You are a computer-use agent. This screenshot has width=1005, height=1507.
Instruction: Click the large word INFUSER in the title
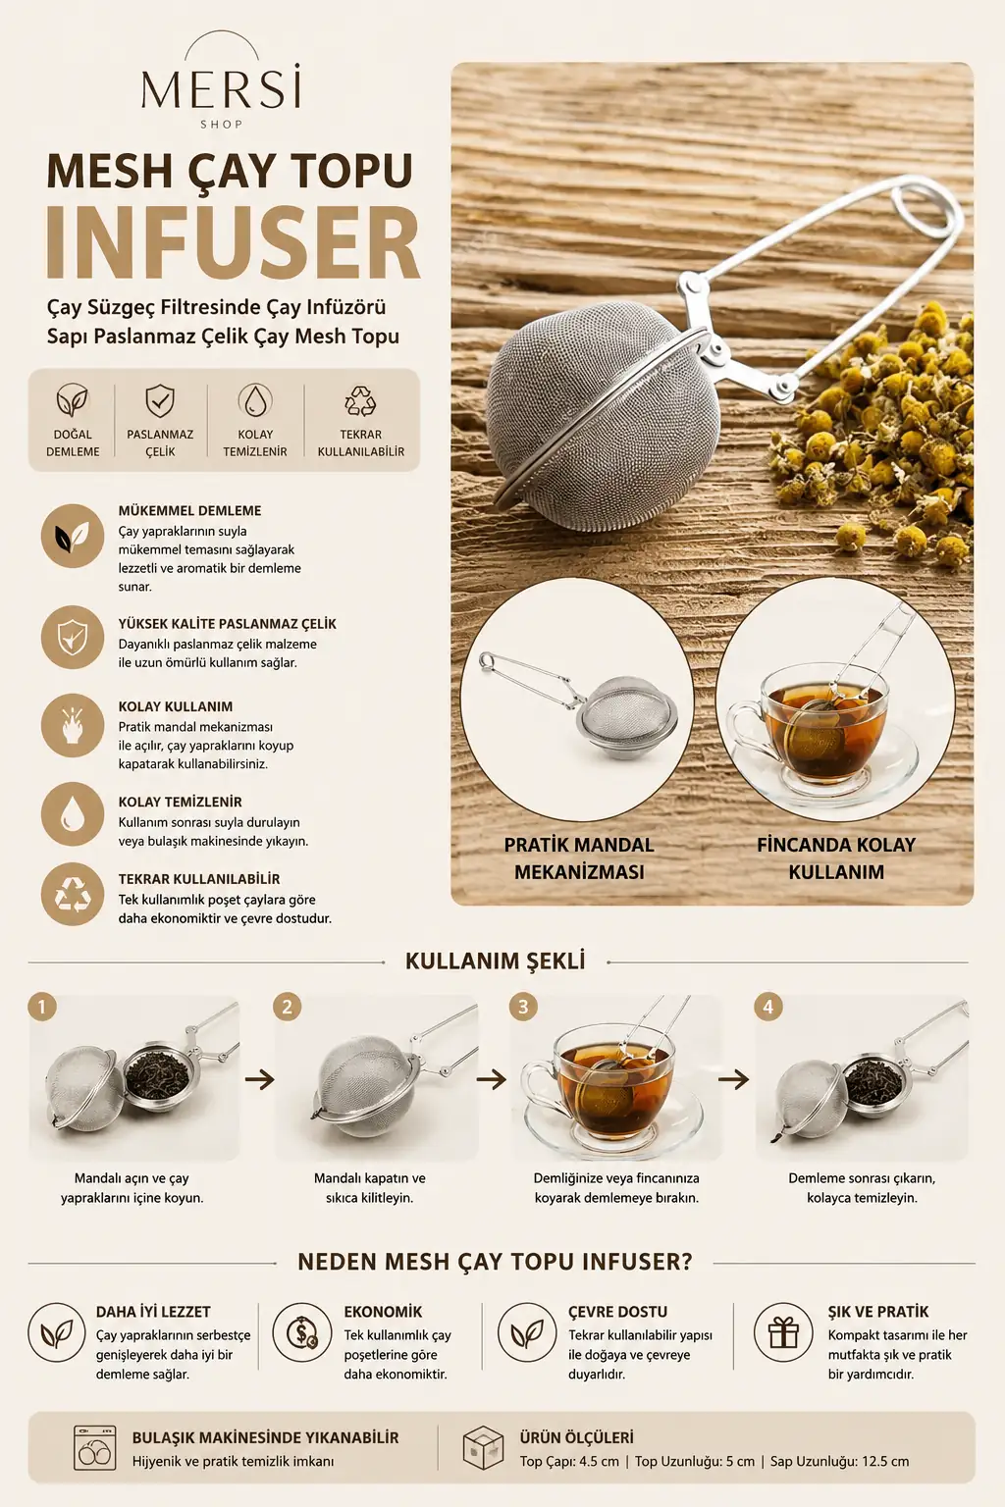pyautogui.click(x=233, y=244)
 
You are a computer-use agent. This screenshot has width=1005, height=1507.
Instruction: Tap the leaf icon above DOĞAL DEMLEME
pyautogui.click(x=72, y=400)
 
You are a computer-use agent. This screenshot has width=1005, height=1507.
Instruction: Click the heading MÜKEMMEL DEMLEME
pyautogui.click(x=189, y=510)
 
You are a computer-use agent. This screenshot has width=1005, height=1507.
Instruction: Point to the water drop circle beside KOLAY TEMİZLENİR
pyautogui.click(x=73, y=813)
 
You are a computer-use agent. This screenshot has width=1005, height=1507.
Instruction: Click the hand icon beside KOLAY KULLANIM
pyautogui.click(x=73, y=726)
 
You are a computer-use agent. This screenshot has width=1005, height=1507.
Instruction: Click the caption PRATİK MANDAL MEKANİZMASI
pyautogui.click(x=579, y=857)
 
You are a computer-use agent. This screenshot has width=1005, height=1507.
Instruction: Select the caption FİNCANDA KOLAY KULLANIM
pyautogui.click(x=836, y=857)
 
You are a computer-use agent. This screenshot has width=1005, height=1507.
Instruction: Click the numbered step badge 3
pyautogui.click(x=523, y=1007)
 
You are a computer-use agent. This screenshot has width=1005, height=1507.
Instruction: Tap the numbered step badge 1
pyautogui.click(x=42, y=1007)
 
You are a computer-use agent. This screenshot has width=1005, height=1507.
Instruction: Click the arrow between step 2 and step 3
pyautogui.click(x=492, y=1080)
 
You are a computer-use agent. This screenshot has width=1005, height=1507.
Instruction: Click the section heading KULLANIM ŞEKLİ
pyautogui.click(x=496, y=961)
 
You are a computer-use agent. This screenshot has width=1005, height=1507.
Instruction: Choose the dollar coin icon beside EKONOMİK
pyautogui.click(x=301, y=1332)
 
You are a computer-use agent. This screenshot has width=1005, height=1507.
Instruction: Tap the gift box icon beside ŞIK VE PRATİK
pyautogui.click(x=783, y=1332)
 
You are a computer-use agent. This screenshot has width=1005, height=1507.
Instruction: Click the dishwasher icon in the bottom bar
pyautogui.click(x=94, y=1447)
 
